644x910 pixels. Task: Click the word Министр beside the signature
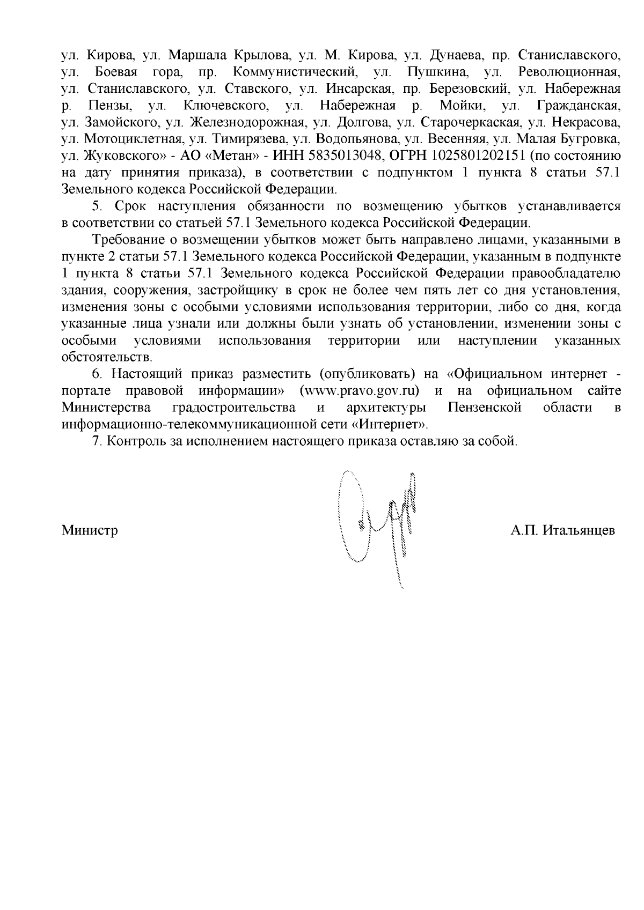pos(90,531)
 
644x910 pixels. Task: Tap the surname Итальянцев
pos(579,531)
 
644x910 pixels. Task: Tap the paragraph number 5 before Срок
pos(97,206)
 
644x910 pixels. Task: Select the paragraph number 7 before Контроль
pos(97,441)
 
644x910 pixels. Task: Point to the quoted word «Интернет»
pos(391,424)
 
